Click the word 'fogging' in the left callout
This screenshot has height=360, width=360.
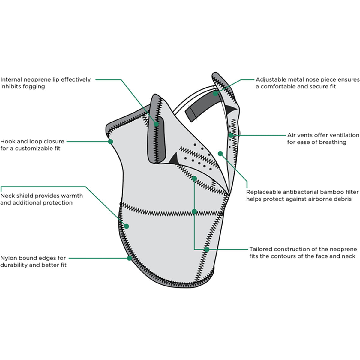(x=34, y=87)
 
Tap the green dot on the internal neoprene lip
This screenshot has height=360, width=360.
(x=156, y=124)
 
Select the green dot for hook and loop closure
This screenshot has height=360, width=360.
(x=110, y=141)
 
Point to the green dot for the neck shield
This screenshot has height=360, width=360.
(x=127, y=226)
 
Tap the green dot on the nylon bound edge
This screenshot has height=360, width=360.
(x=130, y=258)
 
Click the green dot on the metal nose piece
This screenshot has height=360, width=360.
(x=215, y=94)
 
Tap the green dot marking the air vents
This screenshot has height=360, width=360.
(x=231, y=135)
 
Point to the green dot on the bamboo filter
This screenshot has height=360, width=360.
(x=220, y=154)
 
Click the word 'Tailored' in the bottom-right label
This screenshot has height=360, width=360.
(x=261, y=249)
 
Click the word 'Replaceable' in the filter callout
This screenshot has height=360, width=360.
(x=263, y=192)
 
